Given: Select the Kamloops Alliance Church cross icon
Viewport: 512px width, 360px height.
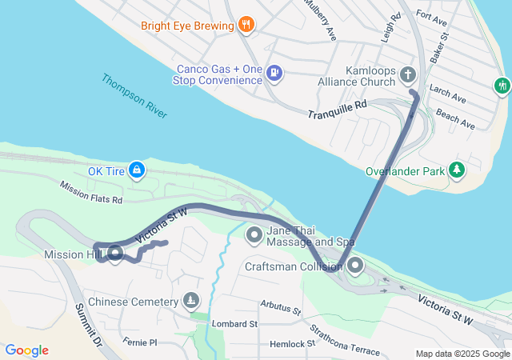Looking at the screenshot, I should [x=408, y=76].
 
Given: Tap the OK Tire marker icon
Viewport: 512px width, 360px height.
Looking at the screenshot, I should [x=138, y=170].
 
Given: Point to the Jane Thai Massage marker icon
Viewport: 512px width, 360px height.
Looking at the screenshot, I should [x=254, y=234].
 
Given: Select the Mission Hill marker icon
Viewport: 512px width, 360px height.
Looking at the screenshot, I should [x=114, y=254].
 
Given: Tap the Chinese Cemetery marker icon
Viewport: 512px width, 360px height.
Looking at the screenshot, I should [x=190, y=302].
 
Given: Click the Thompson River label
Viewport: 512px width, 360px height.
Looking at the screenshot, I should [x=134, y=96].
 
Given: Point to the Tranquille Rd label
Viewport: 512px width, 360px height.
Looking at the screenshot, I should [x=337, y=110].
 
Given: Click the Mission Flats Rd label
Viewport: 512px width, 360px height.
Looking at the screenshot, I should [x=91, y=192].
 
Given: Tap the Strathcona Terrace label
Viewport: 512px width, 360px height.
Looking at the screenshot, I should [x=346, y=339].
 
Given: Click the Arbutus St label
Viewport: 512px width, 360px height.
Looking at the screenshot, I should [x=280, y=307].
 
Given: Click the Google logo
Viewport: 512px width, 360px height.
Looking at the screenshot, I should [x=26, y=350].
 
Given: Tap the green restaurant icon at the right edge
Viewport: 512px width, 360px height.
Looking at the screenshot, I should [x=502, y=84].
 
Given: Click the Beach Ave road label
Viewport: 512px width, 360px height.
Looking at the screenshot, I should [x=456, y=122].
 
